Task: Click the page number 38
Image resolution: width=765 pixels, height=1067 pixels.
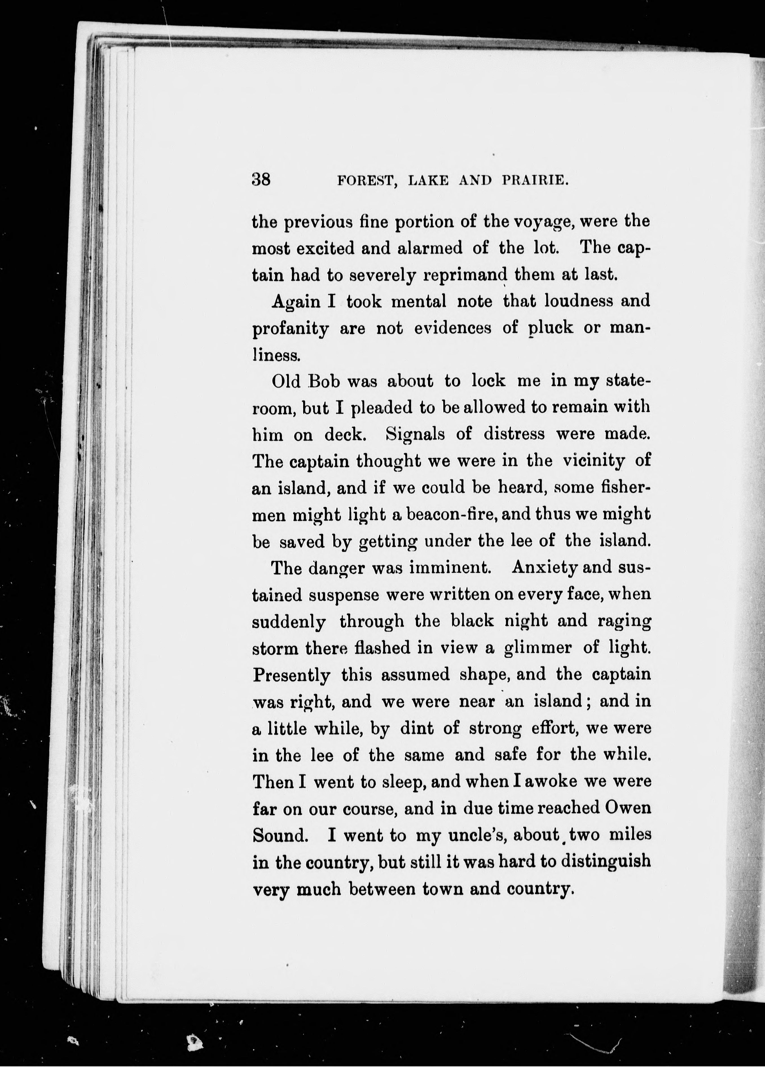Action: pyautogui.click(x=261, y=179)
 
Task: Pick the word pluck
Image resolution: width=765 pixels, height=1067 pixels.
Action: pyautogui.click(x=550, y=328)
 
